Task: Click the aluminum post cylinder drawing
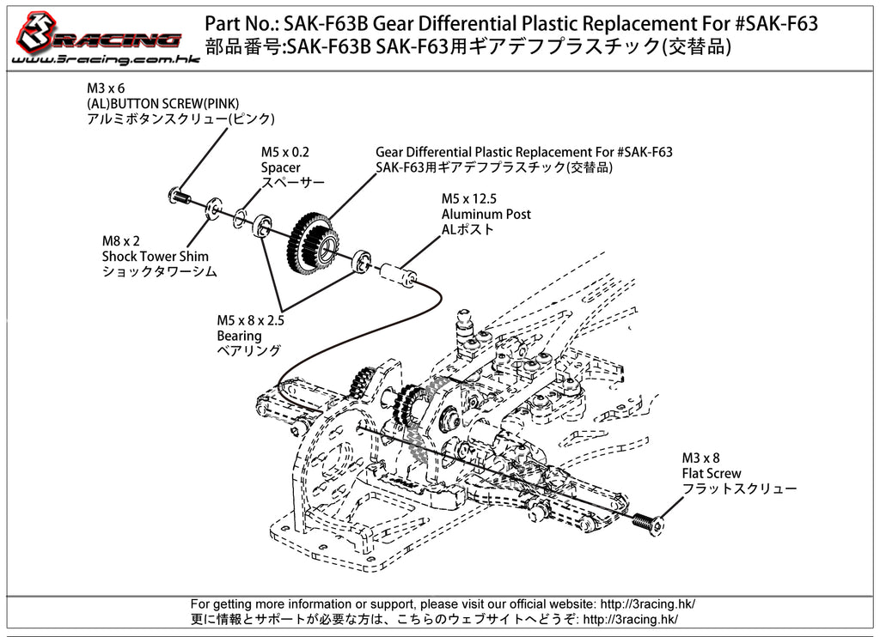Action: pyautogui.click(x=397, y=274)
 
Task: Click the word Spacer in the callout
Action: pyautogui.click(x=281, y=167)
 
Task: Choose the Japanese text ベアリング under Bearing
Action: pyautogui.click(x=249, y=350)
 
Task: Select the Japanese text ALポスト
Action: pyautogui.click(x=468, y=229)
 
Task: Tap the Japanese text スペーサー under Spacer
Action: pyautogui.click(x=293, y=183)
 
